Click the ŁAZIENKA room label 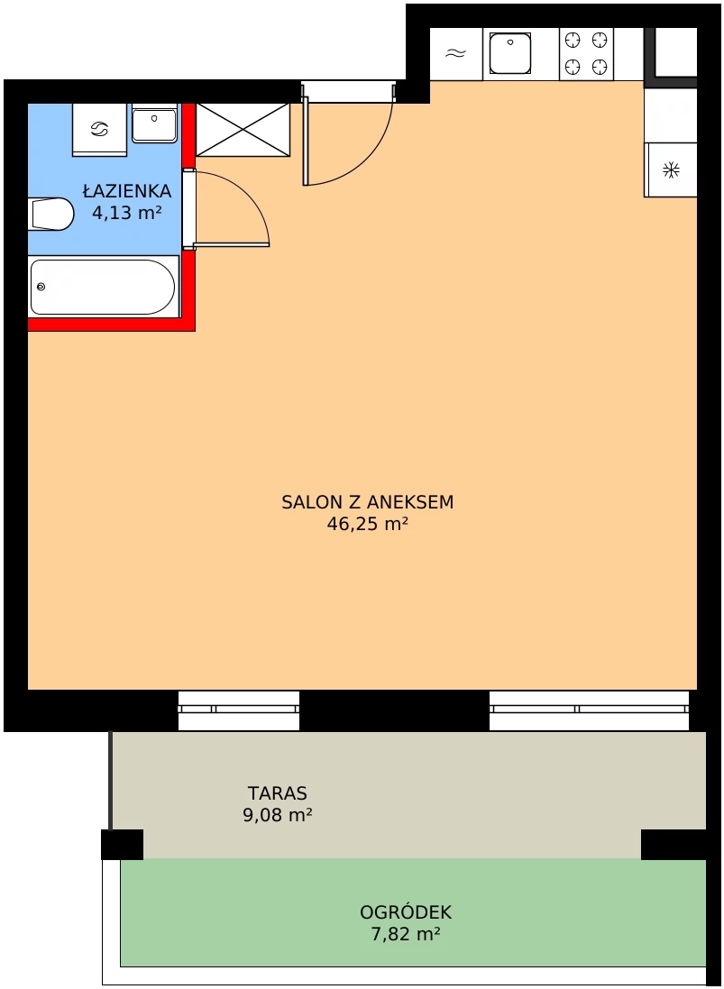[127, 190]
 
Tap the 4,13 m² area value [127, 213]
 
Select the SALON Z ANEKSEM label [367, 502]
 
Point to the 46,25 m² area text [367, 524]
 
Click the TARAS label [278, 792]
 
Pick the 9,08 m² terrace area [278, 815]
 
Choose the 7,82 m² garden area [406, 933]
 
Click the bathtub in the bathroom [104, 287]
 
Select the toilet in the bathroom [51, 214]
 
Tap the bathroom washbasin [154, 123]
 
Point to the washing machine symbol [100, 129]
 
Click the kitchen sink [509, 54]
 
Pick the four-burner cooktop [586, 54]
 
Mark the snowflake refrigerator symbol [671, 169]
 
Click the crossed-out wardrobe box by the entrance [243, 130]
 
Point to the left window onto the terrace [238, 710]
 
